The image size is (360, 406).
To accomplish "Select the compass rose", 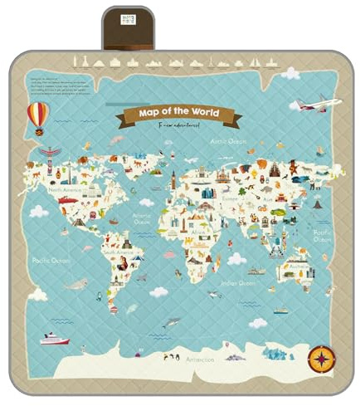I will (319, 358).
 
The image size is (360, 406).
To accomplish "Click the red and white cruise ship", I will (55, 338).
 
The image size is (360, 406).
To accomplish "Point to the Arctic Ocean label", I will (228, 142).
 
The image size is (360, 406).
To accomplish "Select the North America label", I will (66, 190).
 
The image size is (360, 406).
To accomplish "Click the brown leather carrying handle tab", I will (126, 27).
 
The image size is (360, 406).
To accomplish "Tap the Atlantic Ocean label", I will (142, 218).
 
